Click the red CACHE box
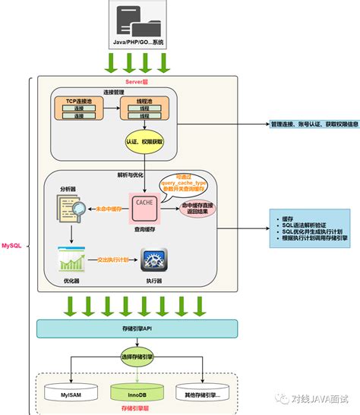(x=144, y=205)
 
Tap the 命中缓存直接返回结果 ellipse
(x=194, y=209)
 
